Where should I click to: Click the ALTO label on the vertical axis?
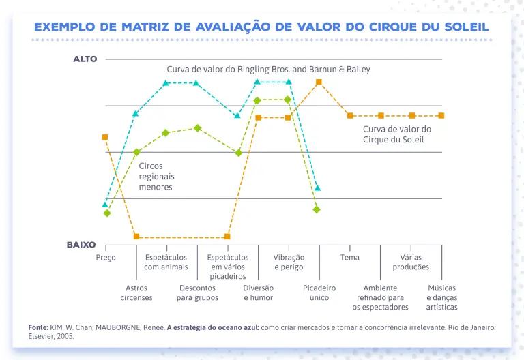coord(85,59)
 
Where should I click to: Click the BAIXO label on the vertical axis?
coord(81,244)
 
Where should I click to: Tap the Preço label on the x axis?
coord(106,258)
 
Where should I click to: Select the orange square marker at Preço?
coord(105,137)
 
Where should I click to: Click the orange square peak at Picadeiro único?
coord(319,82)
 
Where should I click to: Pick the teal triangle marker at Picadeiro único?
coord(317,187)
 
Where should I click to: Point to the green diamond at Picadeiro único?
coord(317,209)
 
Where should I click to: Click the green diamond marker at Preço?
coord(107,213)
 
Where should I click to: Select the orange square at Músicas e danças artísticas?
coord(441,115)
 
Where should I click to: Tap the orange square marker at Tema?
coord(350,115)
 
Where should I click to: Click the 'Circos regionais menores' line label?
coord(156,176)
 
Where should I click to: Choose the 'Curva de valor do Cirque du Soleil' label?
coord(396,134)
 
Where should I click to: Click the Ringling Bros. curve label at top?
coord(268,70)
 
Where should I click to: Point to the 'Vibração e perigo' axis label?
coord(289,262)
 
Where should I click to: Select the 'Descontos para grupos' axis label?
coord(197,293)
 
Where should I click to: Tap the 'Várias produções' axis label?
coord(411,262)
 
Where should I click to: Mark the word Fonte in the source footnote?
coord(38,327)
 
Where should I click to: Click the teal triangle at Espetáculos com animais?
coord(166,83)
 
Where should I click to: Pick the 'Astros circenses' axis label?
coord(136,293)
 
